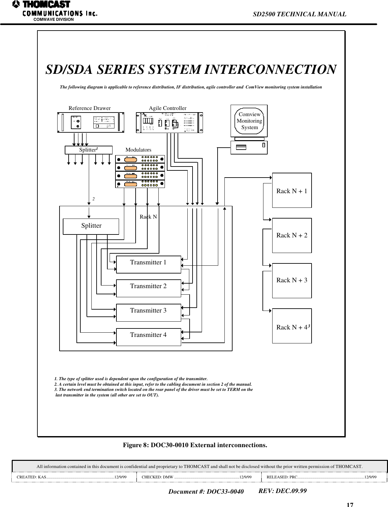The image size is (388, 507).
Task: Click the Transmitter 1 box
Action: (148, 264)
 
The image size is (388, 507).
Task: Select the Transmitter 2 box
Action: (148, 288)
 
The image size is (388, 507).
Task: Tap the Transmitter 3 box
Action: (148, 313)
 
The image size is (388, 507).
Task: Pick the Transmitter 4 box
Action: (148, 337)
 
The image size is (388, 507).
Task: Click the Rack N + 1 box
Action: (292, 190)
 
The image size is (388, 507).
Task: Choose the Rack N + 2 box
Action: (292, 235)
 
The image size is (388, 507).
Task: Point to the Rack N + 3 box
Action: (292, 280)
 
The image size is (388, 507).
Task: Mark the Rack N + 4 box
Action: (292, 326)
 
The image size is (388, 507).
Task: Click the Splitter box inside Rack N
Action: (91, 226)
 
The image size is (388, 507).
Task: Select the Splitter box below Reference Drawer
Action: (88, 150)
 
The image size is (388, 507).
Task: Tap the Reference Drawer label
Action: (89, 108)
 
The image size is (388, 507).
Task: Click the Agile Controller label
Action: (167, 108)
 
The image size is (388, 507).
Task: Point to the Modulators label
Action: (138, 150)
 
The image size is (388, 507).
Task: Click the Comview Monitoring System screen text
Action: (249, 121)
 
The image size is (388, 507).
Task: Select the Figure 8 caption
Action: (195, 445)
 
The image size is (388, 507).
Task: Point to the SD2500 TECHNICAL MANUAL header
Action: (299, 14)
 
